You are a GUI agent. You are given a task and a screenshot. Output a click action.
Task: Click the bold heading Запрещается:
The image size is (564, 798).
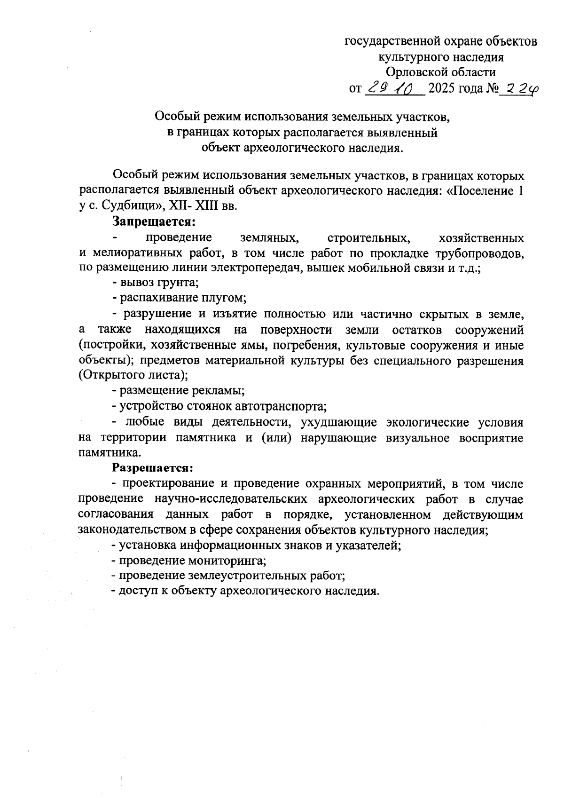[x=153, y=221]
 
